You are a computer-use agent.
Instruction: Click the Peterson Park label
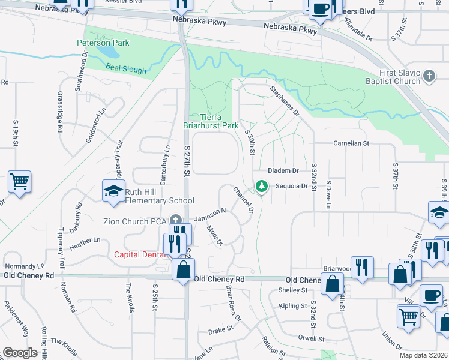103,43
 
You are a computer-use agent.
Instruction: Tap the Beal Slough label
126,69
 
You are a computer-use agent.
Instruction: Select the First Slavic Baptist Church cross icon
429,76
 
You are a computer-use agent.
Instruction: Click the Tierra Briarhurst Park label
211,122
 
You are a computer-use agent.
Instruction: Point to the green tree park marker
261,187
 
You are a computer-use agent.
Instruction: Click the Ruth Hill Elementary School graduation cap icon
112,191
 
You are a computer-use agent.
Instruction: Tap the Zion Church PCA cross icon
175,220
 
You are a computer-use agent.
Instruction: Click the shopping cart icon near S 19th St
20,181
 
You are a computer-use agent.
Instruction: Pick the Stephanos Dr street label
284,101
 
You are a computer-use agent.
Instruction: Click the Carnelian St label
351,144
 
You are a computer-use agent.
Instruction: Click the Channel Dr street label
243,200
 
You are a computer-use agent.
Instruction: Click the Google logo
20,353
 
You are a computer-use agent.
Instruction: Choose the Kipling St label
293,306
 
